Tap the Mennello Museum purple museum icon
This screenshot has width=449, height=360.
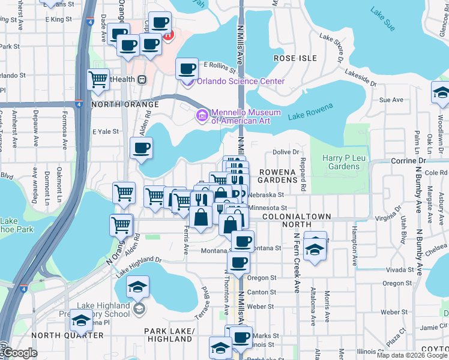coord(202,115)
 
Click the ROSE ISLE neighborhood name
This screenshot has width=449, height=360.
coord(295,58)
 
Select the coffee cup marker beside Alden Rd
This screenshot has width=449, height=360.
coord(141,149)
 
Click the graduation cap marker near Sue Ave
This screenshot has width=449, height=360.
coord(440,93)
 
